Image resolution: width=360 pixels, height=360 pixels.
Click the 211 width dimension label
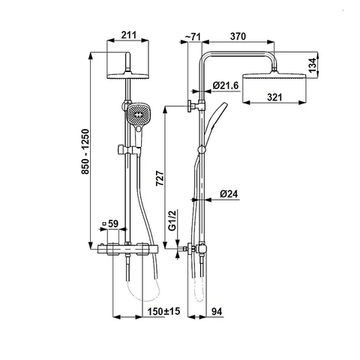(129, 35)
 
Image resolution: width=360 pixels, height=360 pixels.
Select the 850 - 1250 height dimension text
(85, 151)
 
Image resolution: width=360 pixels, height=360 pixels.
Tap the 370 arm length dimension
(238, 36)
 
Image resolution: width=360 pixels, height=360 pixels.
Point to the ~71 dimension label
(193, 37)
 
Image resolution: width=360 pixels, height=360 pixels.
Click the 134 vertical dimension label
(312, 65)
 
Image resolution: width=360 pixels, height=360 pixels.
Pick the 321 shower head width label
(274, 97)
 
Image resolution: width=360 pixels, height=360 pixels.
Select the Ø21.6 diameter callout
(226, 85)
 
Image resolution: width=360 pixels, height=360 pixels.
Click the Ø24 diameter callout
(229, 193)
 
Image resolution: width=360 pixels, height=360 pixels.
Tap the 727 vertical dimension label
(160, 178)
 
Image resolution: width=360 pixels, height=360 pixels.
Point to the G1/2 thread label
(172, 220)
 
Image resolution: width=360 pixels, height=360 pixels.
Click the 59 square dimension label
(113, 223)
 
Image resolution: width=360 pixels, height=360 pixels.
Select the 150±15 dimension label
(163, 311)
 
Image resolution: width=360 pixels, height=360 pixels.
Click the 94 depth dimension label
(217, 312)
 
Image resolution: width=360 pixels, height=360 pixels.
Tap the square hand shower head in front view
(136, 115)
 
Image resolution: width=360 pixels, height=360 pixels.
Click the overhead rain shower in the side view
(274, 76)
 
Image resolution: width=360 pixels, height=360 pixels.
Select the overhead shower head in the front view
(127, 76)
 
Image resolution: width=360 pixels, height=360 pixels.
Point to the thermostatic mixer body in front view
(127, 250)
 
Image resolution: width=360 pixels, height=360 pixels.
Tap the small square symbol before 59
(103, 224)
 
